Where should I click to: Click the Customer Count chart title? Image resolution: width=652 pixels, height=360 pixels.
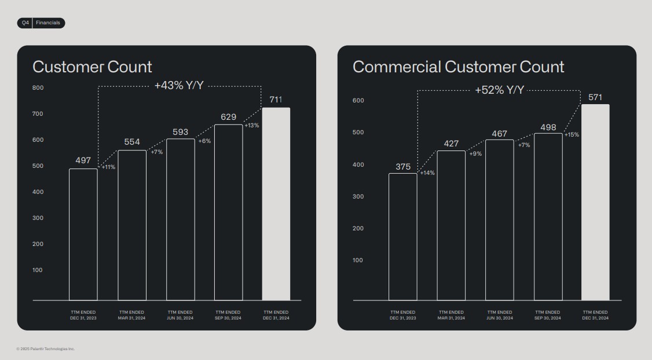(92, 67)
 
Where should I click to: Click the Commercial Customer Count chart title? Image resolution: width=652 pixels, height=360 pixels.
(458, 67)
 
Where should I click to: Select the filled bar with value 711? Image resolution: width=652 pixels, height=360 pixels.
(276, 204)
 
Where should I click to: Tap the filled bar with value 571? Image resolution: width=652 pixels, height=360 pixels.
(595, 202)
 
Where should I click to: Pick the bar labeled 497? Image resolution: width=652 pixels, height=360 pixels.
(83, 234)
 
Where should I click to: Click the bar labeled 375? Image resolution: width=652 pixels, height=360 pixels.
(402, 237)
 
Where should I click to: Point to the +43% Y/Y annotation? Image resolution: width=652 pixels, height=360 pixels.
(179, 86)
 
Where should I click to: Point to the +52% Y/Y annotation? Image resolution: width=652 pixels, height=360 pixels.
(499, 90)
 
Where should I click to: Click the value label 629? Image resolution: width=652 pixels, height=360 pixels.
(228, 117)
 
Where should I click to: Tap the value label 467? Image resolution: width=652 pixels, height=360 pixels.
(499, 134)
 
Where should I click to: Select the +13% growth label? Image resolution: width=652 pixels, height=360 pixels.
(251, 126)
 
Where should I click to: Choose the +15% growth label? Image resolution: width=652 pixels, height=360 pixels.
(572, 135)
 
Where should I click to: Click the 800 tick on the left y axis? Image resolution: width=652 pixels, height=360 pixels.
(38, 88)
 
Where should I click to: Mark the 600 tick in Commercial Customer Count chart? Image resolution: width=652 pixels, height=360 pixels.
(358, 101)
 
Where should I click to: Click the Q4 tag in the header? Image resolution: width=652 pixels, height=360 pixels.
(25, 23)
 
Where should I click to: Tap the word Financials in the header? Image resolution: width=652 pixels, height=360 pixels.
(48, 23)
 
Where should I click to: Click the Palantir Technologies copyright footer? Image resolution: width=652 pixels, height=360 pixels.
(46, 348)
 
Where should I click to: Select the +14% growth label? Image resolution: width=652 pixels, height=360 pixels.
(427, 173)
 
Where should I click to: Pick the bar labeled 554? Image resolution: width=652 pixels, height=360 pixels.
(132, 225)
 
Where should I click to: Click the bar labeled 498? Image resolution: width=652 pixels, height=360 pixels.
(548, 216)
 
